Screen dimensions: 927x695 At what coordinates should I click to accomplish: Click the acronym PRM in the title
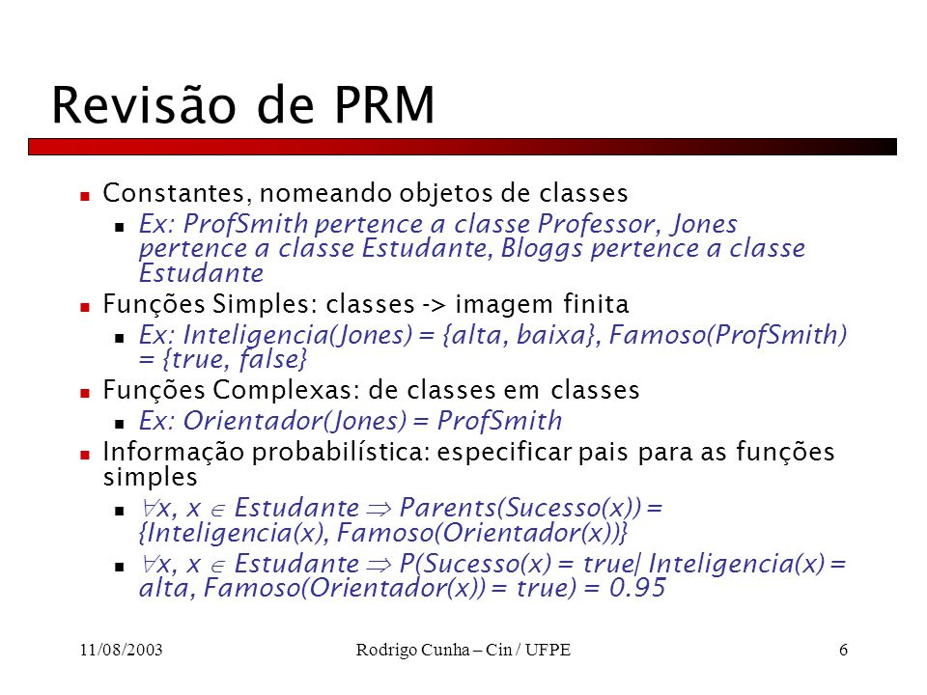coord(384,104)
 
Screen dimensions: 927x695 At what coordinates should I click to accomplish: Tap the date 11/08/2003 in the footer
coord(122,650)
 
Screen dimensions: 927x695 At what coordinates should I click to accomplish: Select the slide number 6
coord(843,650)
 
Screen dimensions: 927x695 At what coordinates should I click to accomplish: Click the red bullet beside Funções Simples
coord(85,307)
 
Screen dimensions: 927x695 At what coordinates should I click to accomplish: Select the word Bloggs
coord(542,249)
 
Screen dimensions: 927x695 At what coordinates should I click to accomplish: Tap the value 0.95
coord(637,588)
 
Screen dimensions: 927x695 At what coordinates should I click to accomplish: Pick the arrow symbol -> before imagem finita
coord(435,305)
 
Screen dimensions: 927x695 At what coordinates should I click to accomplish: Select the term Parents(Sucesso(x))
coord(520,508)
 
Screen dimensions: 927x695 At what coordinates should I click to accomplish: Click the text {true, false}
coord(235,359)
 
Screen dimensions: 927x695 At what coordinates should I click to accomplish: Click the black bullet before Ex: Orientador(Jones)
coord(120,424)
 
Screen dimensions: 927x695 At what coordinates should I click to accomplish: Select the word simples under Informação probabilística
coord(151,478)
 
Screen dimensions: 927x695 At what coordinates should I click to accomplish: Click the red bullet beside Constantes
coord(85,196)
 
